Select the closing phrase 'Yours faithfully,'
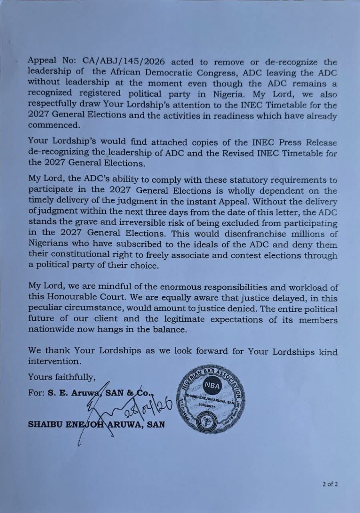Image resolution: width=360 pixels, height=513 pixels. [x=62, y=377]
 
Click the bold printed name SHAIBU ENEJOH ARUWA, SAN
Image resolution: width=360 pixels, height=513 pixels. [x=96, y=424]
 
